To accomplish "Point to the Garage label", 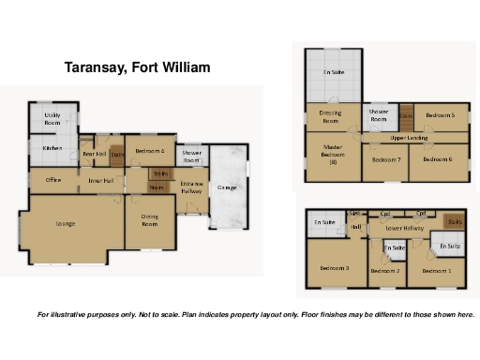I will pos(226,187).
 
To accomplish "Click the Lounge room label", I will pos(65,223).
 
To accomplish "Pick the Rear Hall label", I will pos(93,154).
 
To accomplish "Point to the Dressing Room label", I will pos(330,117).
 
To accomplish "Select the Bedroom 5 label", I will pos(440,114).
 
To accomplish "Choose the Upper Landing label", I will pos(410,138).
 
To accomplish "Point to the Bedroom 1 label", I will pos(436,271).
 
